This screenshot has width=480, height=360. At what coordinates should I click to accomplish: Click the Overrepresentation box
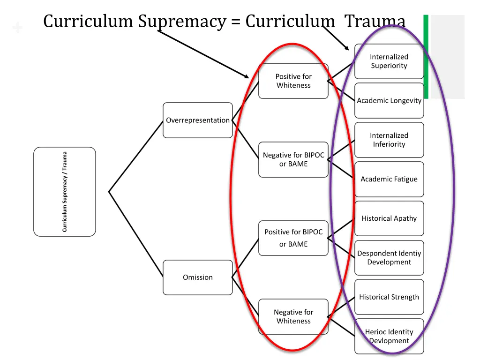(197, 120)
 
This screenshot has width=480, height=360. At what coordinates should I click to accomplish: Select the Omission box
(197, 277)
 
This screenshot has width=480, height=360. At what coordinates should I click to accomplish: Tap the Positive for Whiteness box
(293, 81)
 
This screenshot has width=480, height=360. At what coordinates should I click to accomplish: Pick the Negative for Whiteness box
(293, 317)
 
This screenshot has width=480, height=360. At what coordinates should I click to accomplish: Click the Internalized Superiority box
(389, 61)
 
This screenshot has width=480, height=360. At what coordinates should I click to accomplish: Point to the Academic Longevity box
(389, 101)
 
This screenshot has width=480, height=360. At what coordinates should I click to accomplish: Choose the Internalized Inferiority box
(389, 140)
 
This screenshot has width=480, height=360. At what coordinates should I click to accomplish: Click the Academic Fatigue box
(389, 179)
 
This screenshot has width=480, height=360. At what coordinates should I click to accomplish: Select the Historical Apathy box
(389, 218)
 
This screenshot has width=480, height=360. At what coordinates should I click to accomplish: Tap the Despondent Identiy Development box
(389, 258)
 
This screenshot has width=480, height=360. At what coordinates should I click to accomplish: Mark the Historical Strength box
(389, 297)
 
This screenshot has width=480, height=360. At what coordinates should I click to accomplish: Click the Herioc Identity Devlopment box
(389, 337)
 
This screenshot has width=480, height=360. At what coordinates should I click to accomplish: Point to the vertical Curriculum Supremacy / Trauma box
(65, 192)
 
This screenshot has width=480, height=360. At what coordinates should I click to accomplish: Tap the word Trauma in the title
(375, 22)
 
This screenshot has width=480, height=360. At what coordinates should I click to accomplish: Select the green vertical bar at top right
(426, 56)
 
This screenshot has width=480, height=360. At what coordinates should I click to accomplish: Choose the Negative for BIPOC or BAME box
(293, 160)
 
